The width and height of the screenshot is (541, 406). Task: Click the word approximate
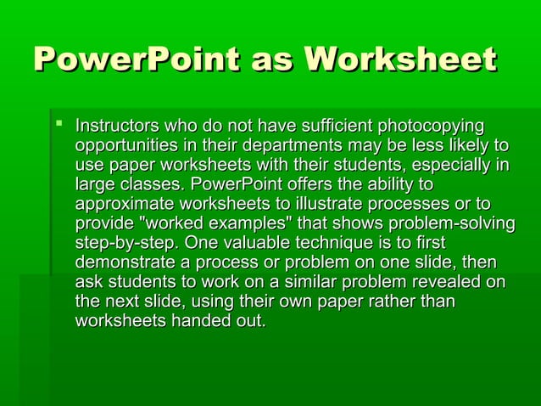coord(125,205)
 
